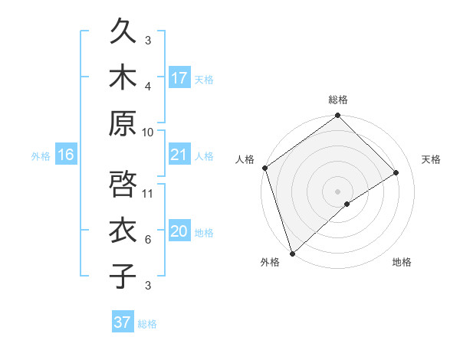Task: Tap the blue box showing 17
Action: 179,77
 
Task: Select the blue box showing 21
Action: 179,155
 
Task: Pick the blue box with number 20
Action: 179,231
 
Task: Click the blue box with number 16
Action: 65,155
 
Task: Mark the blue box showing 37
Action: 122,322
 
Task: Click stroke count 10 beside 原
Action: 148,132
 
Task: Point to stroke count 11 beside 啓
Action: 148,193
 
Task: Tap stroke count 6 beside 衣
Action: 148,240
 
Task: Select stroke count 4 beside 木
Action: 148,86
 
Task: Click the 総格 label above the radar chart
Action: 338,100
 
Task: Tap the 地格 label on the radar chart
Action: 402,263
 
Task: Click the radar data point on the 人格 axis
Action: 265,168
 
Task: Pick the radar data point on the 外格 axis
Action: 292,253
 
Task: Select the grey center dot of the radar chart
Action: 337,191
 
